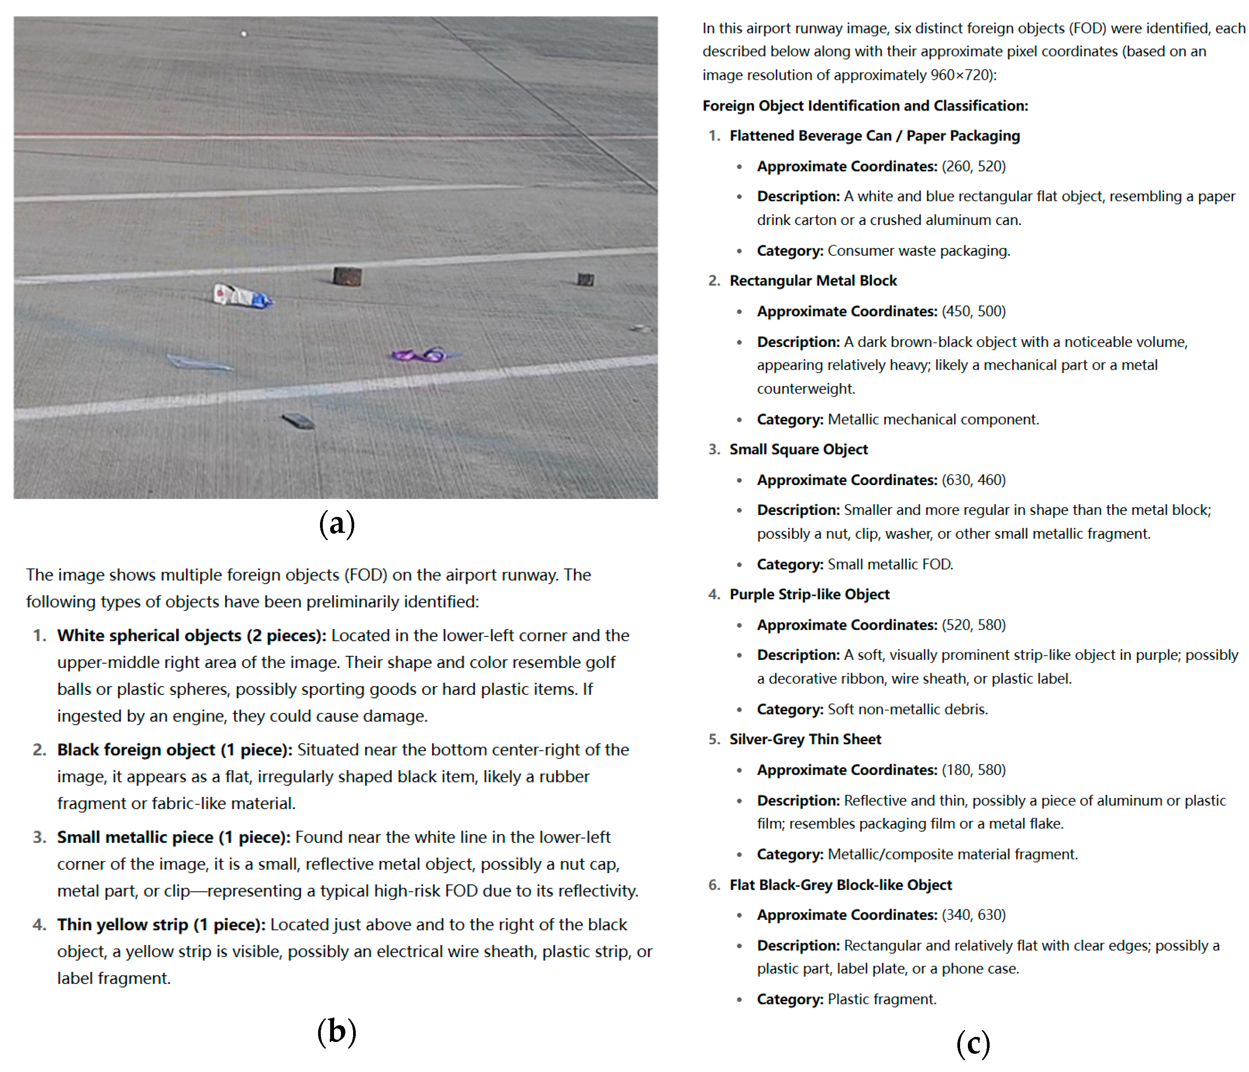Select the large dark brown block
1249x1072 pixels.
pos(348,276)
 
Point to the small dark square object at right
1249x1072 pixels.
pos(585,279)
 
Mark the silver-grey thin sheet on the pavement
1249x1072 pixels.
pos(199,362)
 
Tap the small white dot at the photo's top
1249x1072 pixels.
pos(244,34)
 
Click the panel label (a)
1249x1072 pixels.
pos(336,523)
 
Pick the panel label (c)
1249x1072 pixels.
pos(973,1043)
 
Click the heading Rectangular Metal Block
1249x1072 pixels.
pos(813,281)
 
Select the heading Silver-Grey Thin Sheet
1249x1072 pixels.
pos(805,739)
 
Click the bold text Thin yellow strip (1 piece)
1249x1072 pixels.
pos(161,924)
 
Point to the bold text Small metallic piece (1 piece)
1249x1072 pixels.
pos(173,837)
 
